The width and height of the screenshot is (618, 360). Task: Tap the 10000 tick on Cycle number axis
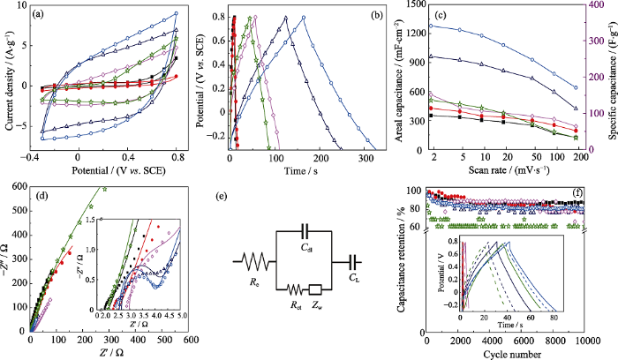(584, 341)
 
